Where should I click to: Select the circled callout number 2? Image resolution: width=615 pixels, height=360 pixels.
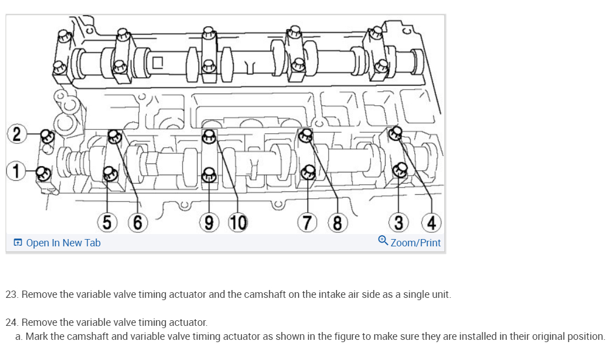click(x=17, y=134)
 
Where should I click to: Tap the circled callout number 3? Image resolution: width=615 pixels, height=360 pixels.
click(x=398, y=223)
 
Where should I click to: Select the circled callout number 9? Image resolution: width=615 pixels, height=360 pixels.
click(x=208, y=223)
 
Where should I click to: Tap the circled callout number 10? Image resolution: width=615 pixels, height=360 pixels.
click(x=238, y=223)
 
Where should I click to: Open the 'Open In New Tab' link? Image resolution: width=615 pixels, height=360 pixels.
click(x=63, y=243)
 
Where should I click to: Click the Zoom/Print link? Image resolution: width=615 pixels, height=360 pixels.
click(x=415, y=243)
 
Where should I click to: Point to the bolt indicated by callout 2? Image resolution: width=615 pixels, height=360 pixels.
click(x=47, y=136)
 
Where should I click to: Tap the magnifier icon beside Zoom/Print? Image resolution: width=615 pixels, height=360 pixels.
click(x=383, y=241)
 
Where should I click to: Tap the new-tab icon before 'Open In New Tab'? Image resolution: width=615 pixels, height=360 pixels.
click(x=18, y=243)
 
